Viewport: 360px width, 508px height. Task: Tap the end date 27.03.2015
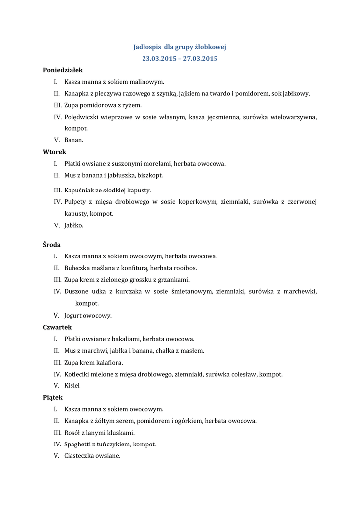click(x=200, y=58)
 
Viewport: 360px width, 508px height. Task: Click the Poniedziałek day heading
click(x=63, y=70)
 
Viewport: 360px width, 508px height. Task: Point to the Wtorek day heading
click(x=54, y=152)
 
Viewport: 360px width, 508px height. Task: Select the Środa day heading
click(x=52, y=245)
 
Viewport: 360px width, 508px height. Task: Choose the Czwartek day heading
click(x=57, y=327)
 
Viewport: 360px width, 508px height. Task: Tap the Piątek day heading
click(x=53, y=397)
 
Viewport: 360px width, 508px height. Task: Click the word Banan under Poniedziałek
click(x=73, y=140)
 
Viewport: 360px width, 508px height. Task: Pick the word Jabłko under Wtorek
click(x=73, y=225)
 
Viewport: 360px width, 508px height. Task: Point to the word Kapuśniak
click(x=80, y=190)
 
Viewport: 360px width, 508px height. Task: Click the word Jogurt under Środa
click(x=74, y=315)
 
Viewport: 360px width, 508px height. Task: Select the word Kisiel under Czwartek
click(x=72, y=385)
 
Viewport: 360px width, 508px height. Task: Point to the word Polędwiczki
click(x=82, y=117)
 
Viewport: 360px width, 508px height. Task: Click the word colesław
click(x=242, y=374)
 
